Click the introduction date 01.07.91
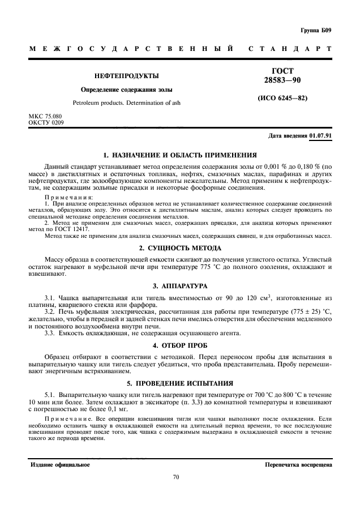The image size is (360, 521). click(x=321, y=136)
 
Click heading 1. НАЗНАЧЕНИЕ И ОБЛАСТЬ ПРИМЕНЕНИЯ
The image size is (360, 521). click(x=180, y=155)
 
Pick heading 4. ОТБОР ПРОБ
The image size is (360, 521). click(x=180, y=345)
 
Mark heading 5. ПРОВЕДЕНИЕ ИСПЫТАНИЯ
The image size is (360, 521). click(x=180, y=382)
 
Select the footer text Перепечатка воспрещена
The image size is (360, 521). click(x=298, y=464)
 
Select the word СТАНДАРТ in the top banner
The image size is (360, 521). click(x=290, y=49)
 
